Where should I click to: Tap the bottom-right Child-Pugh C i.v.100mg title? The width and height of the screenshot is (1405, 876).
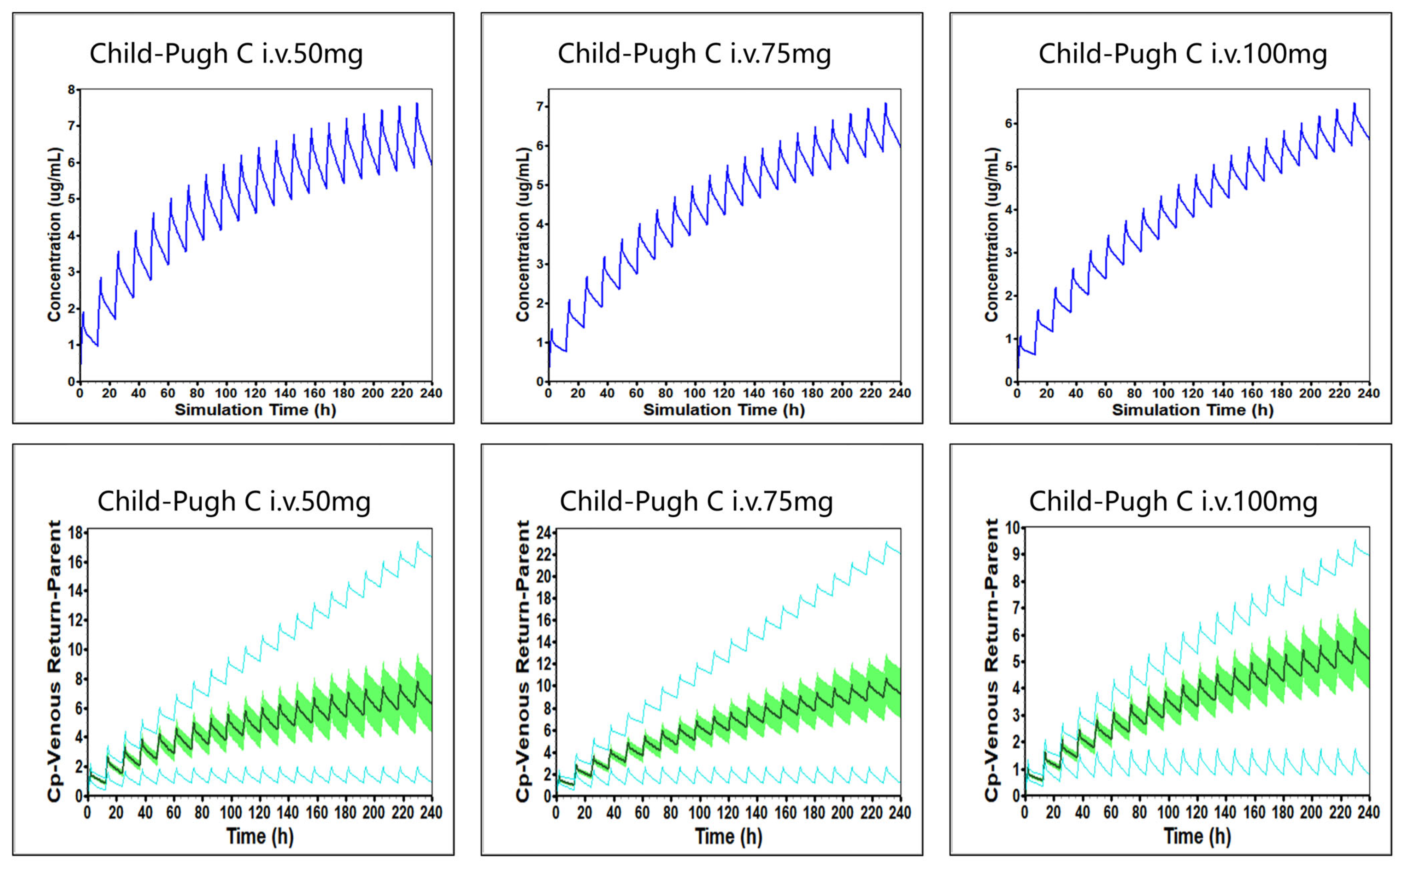point(1173,502)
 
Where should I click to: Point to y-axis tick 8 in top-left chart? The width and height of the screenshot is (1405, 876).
point(72,90)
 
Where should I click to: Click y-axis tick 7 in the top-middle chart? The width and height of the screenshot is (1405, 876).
point(540,107)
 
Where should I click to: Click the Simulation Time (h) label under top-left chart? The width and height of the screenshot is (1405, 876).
point(255,410)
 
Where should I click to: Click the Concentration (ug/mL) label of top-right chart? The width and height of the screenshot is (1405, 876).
point(992,235)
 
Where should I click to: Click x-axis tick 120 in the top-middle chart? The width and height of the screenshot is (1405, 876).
point(724,393)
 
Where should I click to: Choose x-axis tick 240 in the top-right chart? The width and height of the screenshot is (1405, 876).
point(1369,393)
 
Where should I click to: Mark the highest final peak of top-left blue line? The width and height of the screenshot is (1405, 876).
point(417,103)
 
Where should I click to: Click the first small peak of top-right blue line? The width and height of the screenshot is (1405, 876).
point(1021,336)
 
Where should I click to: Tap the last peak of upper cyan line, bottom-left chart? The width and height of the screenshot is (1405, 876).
point(417,542)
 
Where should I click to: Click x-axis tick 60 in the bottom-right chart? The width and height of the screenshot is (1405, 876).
point(1111,813)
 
